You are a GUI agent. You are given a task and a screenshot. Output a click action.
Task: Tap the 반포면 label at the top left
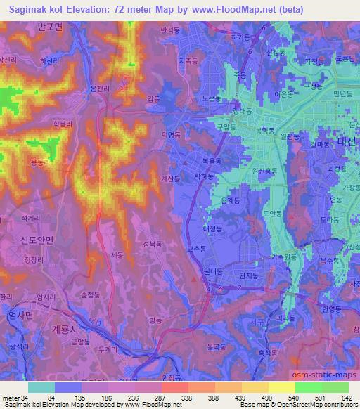click(50, 27)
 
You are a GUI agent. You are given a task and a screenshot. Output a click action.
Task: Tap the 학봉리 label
click(63, 122)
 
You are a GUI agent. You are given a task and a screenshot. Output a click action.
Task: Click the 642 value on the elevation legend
click(346, 397)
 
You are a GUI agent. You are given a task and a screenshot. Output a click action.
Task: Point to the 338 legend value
click(186, 397)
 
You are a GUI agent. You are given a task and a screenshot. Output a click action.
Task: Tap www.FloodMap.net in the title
click(217, 9)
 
